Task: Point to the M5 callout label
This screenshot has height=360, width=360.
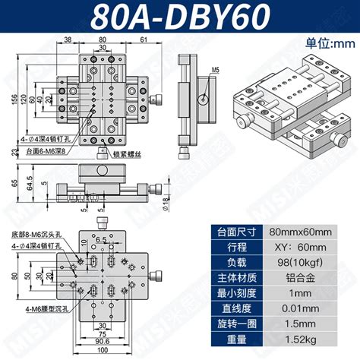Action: (x=216, y=70)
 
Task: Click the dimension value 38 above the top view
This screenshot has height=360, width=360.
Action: (x=68, y=39)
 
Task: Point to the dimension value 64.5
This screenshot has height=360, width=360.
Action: (x=28, y=185)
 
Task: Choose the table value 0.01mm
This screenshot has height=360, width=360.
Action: (x=302, y=309)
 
